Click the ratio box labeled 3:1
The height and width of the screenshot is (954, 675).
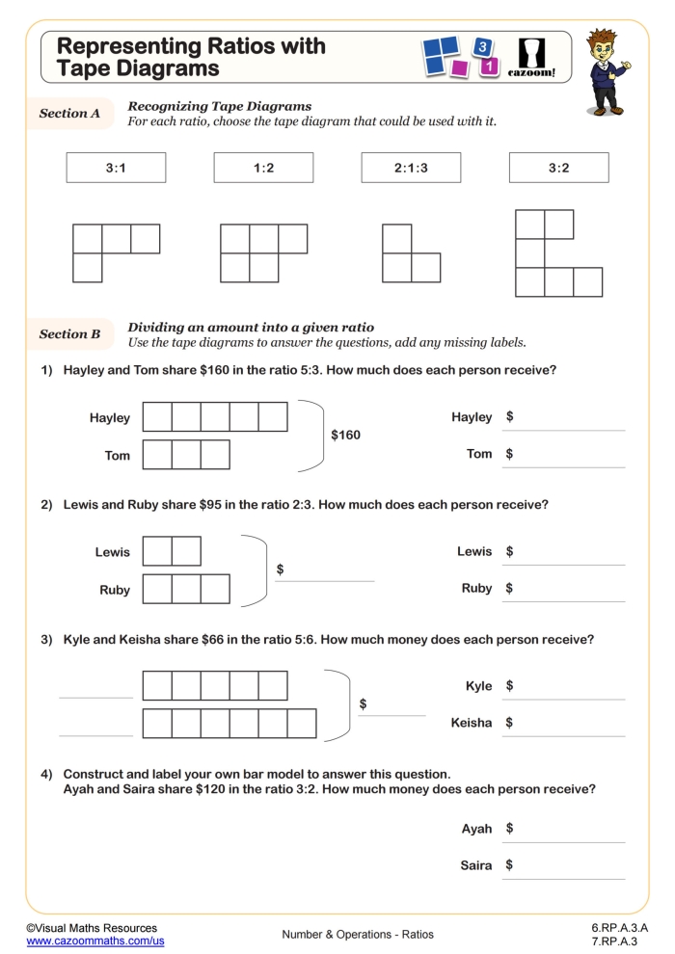point(116,168)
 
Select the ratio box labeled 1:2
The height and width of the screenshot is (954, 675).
point(263,168)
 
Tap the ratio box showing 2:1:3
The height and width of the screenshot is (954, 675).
point(411,168)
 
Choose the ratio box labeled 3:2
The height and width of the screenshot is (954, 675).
point(558,168)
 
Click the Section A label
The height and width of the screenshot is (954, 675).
point(69,114)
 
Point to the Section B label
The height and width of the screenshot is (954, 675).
point(69,334)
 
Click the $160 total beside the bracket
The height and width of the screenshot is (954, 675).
point(345,436)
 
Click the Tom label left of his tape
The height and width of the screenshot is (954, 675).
point(117,456)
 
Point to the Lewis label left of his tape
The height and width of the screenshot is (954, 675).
point(112,552)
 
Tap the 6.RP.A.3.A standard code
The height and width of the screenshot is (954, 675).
point(619,927)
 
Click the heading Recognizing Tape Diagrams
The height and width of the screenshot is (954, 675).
point(220,106)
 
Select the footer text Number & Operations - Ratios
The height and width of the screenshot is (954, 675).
point(358,934)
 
